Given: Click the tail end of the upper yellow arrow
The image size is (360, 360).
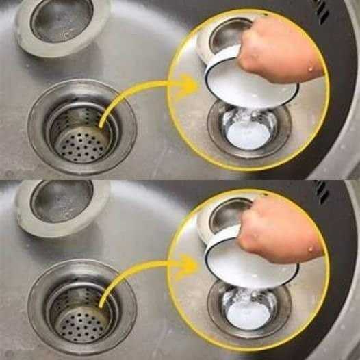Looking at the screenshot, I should [x=103, y=127].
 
